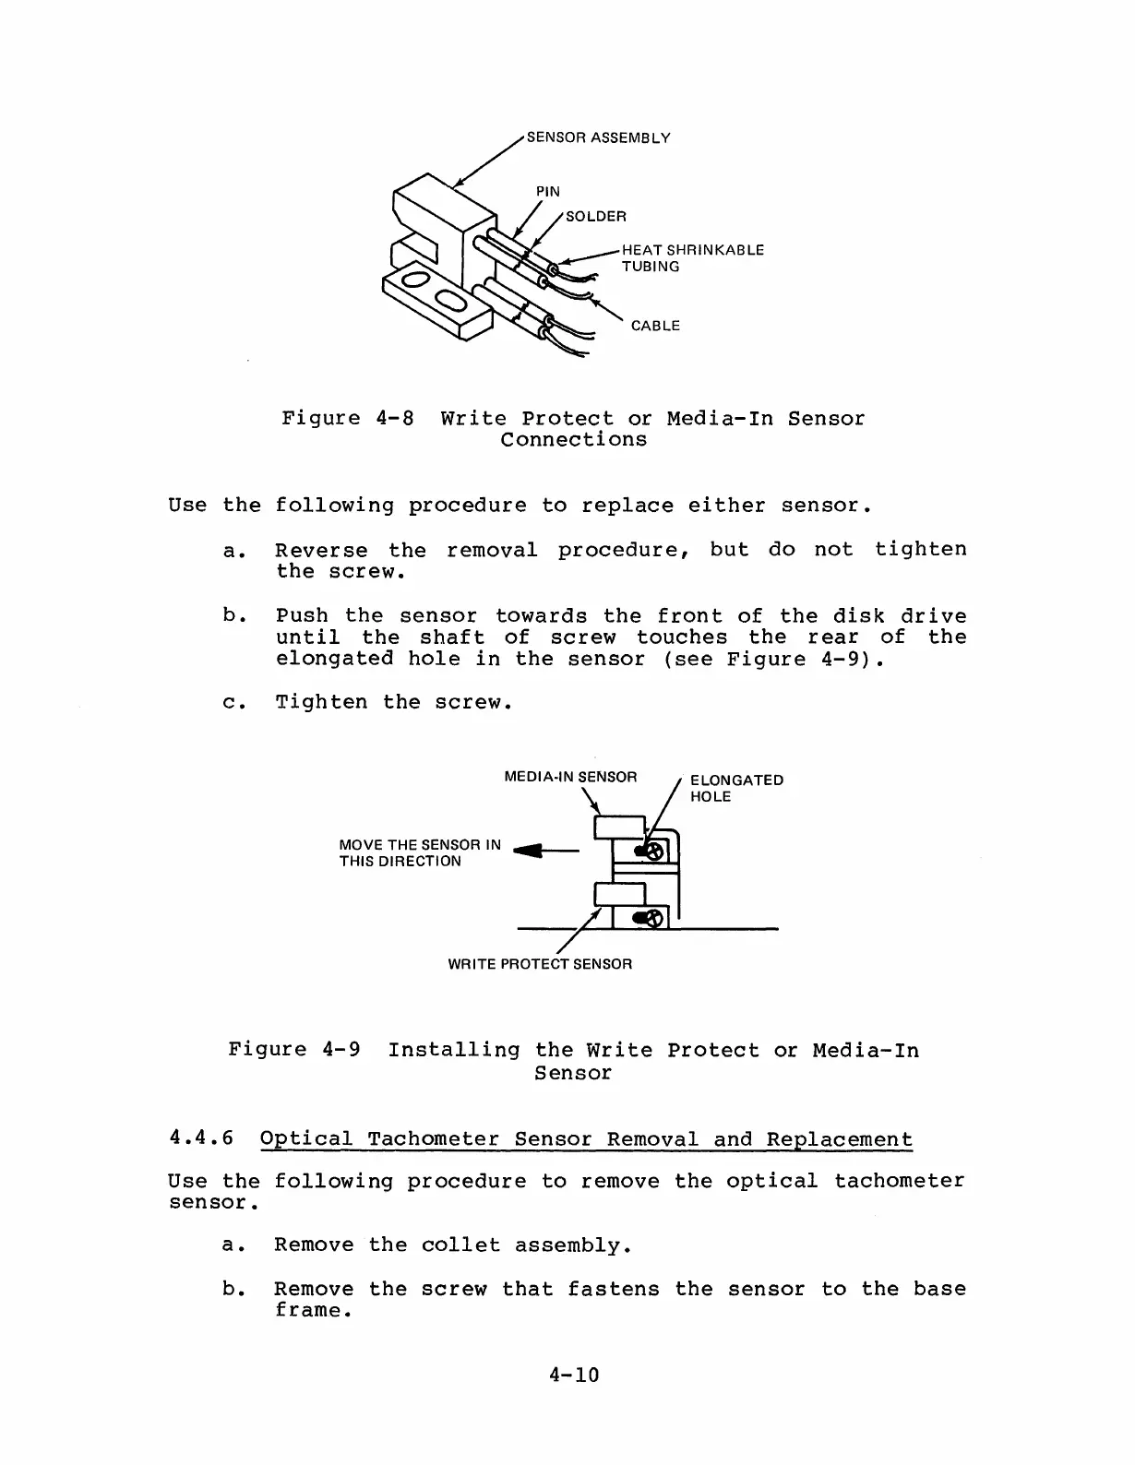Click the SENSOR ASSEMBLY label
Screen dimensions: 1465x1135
598,138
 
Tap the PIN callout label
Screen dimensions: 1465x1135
548,192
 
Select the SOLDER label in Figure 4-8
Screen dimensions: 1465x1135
595,217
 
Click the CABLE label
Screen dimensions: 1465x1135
655,326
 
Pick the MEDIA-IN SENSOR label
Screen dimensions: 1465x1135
570,777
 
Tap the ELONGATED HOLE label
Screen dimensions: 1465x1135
736,788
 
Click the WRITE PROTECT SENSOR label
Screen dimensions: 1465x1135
540,964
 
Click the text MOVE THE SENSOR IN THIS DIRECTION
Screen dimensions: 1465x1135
420,853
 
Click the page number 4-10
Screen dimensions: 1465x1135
573,1376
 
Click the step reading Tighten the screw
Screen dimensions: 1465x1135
393,702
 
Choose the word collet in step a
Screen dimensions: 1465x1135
460,1245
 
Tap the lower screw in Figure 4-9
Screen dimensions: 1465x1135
652,918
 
